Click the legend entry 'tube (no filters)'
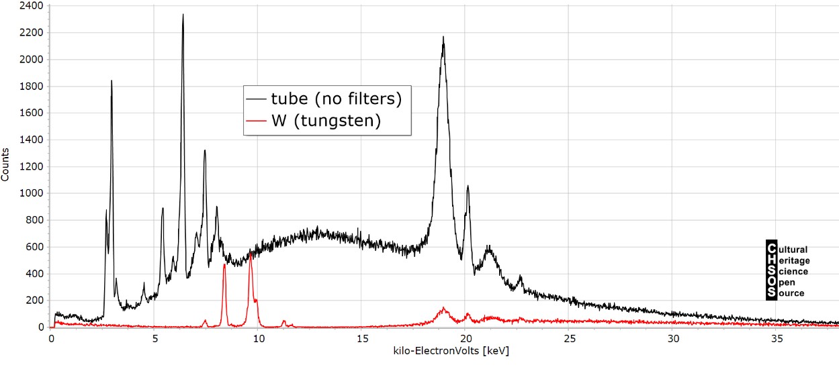(336, 99)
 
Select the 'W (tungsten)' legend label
(325, 121)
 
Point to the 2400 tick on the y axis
(33, 6)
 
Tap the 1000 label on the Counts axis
(33, 193)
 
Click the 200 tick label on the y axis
(36, 301)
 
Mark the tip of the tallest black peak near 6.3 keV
(183, 14)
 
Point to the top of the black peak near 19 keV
(443, 37)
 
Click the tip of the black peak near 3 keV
(112, 81)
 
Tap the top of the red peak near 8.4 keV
(224, 264)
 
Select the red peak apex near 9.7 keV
(251, 253)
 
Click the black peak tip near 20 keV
(468, 186)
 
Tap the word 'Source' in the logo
(791, 293)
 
